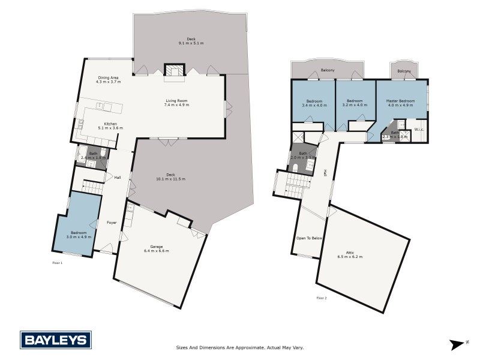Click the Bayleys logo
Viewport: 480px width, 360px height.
pyautogui.click(x=56, y=340)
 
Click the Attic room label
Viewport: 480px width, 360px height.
pyautogui.click(x=350, y=254)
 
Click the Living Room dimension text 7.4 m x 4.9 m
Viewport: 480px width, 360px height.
pyautogui.click(x=176, y=105)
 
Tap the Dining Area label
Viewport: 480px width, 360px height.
pyautogui.click(x=109, y=78)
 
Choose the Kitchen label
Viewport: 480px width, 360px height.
pyautogui.click(x=110, y=124)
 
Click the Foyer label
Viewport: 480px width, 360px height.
pyautogui.click(x=112, y=223)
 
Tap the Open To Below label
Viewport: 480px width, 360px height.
pyautogui.click(x=310, y=238)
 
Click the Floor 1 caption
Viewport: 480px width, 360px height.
pyautogui.click(x=58, y=263)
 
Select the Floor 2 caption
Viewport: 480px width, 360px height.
pyautogui.click(x=322, y=298)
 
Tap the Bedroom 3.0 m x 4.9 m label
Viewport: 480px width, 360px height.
pyautogui.click(x=78, y=235)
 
